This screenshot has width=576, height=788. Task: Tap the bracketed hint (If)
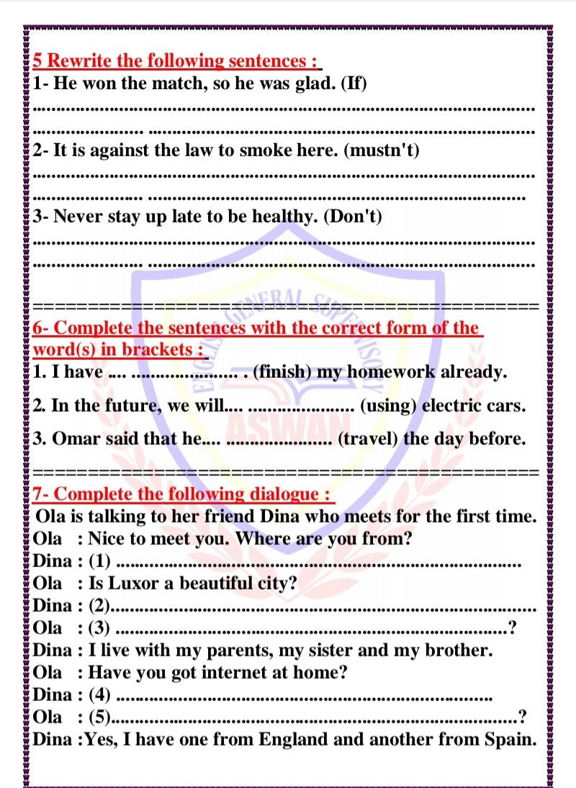pos(353,83)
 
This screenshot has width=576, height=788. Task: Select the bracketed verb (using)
pos(388,405)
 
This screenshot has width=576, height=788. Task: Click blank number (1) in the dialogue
pos(99,561)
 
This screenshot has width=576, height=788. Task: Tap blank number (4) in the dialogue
pos(99,694)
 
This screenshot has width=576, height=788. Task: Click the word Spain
pos(512,739)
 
